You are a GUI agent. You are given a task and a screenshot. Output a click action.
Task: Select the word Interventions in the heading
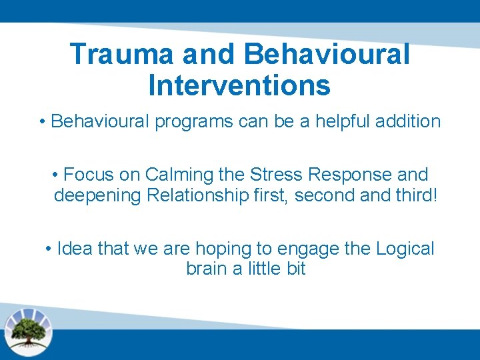click(x=239, y=85)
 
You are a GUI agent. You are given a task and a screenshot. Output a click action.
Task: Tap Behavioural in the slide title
click(x=327, y=54)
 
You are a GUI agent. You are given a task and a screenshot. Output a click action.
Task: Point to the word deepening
click(x=97, y=196)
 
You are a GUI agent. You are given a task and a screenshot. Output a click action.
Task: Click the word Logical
click(x=405, y=249)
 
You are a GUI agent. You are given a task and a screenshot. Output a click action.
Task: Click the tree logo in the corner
click(x=29, y=329)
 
